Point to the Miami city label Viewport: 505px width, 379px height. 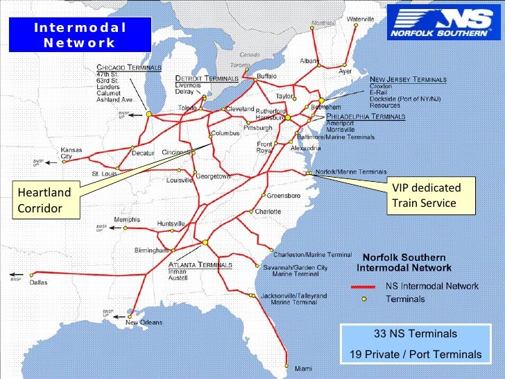tap(302, 368)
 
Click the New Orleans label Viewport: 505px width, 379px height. tap(144, 322)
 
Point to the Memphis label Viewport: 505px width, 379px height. tap(127, 219)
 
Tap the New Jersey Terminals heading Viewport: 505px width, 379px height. tap(408, 80)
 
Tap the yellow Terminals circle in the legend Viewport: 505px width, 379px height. tap(363, 299)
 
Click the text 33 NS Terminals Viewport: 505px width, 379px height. tap(416, 334)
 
